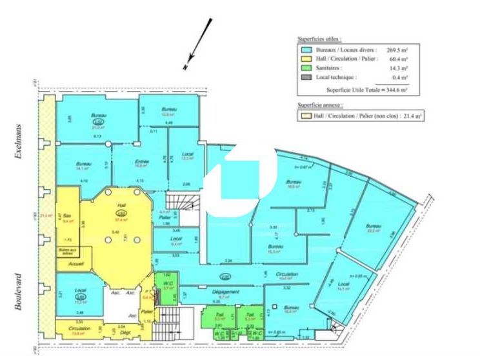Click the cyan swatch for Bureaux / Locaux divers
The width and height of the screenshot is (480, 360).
pos(306,49)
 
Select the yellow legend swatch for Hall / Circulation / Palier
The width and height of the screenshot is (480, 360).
pos(306,59)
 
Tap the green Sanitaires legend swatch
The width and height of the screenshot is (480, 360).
pos(306,68)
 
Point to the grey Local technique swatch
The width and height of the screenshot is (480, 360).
pos(306,77)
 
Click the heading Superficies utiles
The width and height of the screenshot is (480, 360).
pos(320,39)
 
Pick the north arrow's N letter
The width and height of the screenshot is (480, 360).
pos(185,67)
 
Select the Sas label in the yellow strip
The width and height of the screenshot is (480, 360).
pos(68,217)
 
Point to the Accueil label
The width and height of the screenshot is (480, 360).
pos(75,263)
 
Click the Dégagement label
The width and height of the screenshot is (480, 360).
pos(222,292)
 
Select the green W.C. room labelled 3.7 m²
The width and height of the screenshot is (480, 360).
pos(165,284)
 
